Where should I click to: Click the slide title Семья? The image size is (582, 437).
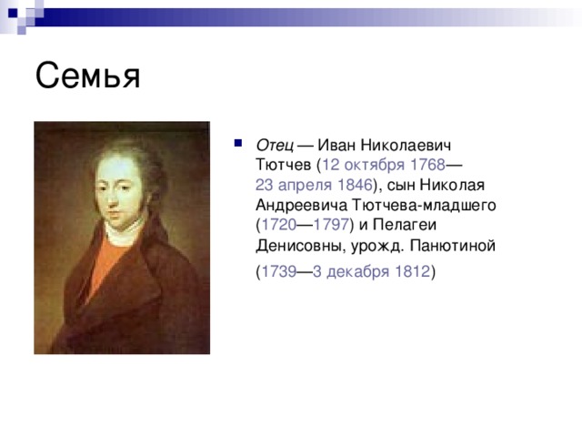pyautogui.click(x=88, y=76)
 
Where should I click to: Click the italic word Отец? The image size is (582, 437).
pyautogui.click(x=274, y=146)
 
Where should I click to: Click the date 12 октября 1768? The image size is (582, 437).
pyautogui.click(x=384, y=166)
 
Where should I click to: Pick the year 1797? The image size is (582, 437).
pyautogui.click(x=330, y=226)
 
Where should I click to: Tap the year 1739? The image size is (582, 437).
pyautogui.click(x=276, y=272)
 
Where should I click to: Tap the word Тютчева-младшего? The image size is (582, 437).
pyautogui.click(x=421, y=206)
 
